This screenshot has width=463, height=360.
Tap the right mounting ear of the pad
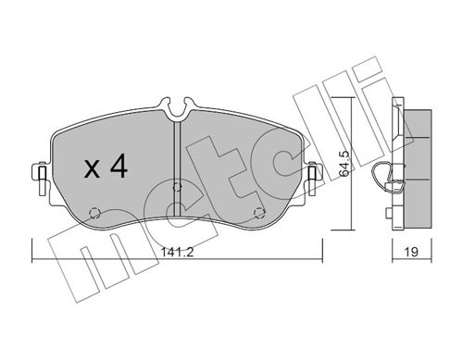pyautogui.click(x=312, y=172)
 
